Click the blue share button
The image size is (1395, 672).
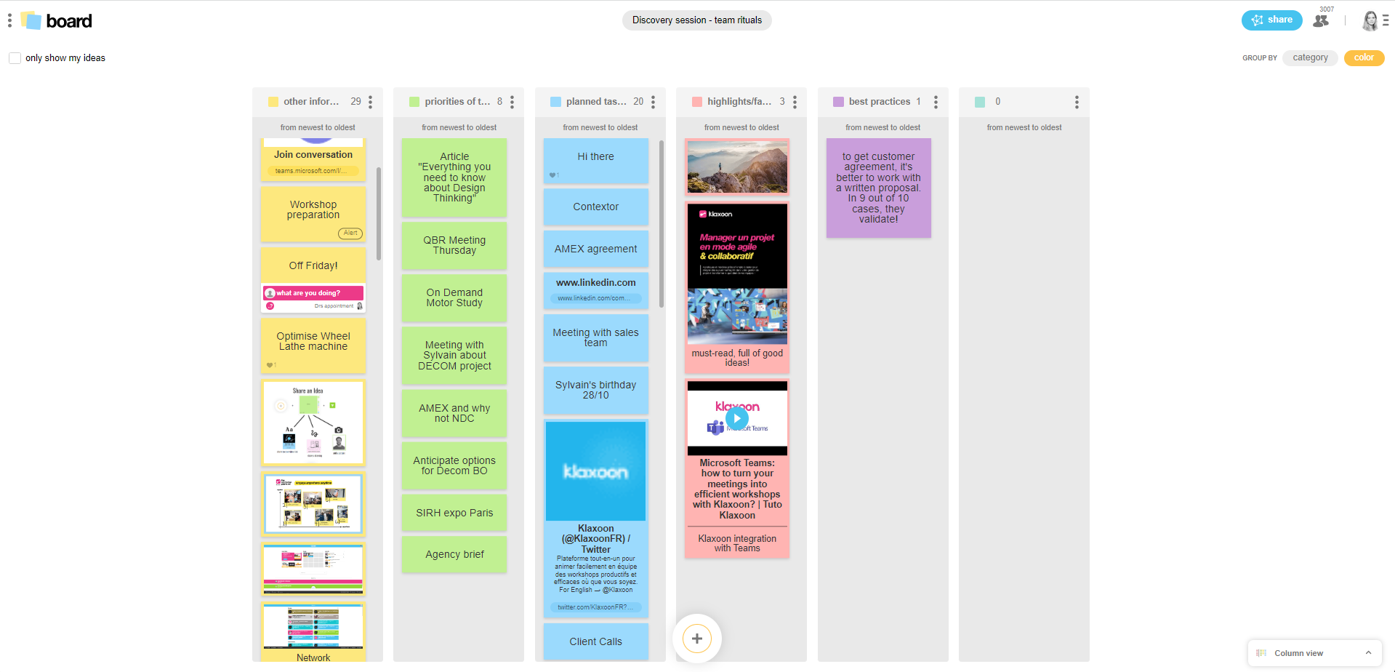coord(1271,20)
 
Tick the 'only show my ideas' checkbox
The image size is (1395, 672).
coord(15,58)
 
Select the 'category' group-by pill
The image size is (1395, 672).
coord(1310,58)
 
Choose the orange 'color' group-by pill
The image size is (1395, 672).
coord(1364,58)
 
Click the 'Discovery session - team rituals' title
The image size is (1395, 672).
coord(696,20)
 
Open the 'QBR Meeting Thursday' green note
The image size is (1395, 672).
coord(454,246)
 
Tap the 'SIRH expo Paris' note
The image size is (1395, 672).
coord(454,513)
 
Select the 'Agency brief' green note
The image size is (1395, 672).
coord(454,555)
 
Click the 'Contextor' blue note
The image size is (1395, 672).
coord(595,207)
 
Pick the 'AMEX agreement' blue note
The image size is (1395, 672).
coord(595,249)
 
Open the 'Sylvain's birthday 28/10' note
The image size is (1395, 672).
coord(595,391)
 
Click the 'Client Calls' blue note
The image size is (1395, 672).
coord(595,642)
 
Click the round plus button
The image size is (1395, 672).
coord(696,639)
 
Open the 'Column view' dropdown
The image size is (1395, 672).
coord(1314,653)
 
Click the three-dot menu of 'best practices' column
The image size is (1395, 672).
coord(936,103)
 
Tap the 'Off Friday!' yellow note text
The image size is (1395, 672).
coord(313,266)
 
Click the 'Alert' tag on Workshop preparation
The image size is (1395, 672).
coord(350,233)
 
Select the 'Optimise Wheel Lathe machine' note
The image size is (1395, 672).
coord(313,342)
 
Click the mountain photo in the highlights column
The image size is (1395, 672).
coord(737,167)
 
